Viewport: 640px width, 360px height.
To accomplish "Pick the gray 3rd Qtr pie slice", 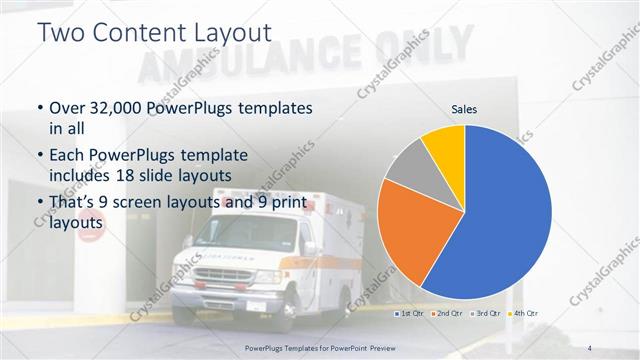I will [409, 166].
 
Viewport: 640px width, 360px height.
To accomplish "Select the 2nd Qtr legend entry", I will [448, 314].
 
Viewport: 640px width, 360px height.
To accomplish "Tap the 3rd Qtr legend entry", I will [486, 314].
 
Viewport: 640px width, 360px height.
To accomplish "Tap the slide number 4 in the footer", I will [590, 347].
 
